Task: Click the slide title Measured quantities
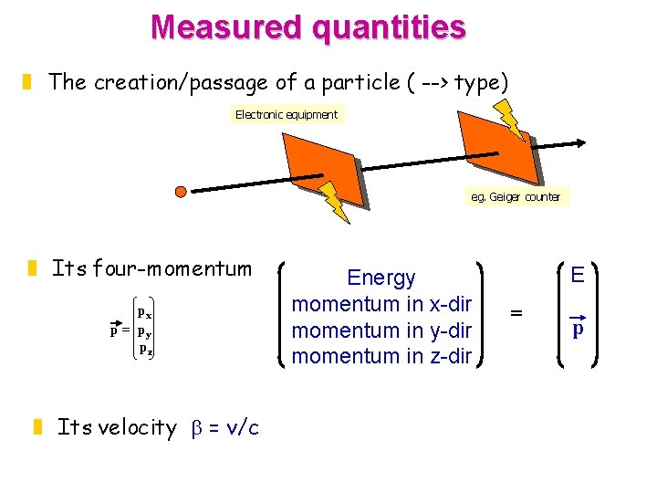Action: tap(308, 26)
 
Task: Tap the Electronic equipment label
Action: tap(287, 115)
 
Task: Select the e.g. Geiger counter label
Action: tap(516, 196)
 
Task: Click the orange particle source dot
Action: tap(181, 192)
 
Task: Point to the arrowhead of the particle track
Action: tap(579, 142)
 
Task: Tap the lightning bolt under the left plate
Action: tap(336, 203)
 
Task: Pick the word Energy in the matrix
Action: tap(381, 278)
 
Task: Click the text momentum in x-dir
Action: tap(381, 304)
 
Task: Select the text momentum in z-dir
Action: tap(381, 357)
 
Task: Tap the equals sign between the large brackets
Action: tap(516, 313)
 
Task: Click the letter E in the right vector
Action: tap(577, 275)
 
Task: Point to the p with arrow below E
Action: tap(577, 329)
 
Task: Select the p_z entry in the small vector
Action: tap(144, 348)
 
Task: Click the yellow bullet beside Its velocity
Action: tap(37, 426)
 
